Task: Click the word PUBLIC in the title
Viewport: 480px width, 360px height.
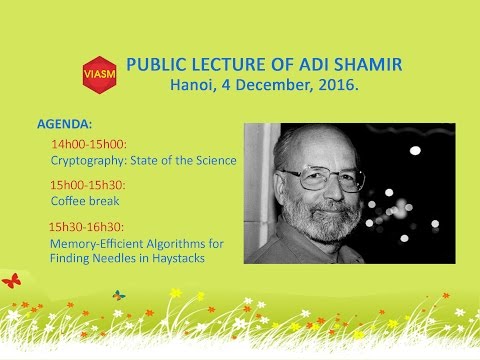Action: [x=157, y=65]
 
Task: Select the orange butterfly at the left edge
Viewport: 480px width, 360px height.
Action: [x=10, y=282]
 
